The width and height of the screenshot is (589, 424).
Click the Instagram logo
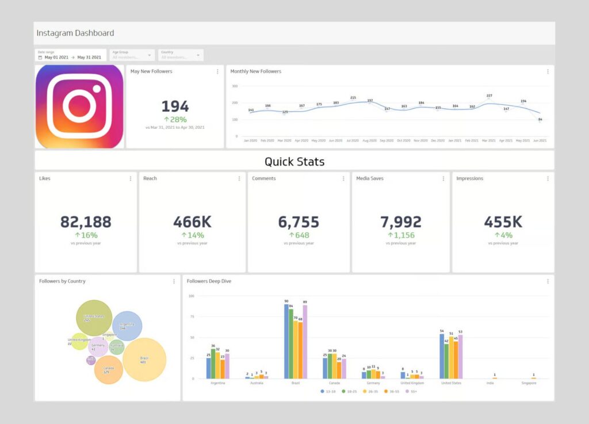point(79,106)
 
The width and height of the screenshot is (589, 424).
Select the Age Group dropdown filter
point(132,55)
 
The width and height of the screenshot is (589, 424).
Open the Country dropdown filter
point(181,55)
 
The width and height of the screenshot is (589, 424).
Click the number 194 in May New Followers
point(175,106)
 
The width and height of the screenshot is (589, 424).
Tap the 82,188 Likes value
point(86,222)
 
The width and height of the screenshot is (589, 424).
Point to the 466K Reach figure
point(192,222)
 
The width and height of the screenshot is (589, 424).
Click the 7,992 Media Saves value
point(401,222)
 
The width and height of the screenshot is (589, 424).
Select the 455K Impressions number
point(503,222)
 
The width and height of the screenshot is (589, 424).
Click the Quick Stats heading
point(294,162)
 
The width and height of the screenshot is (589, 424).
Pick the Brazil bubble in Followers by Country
point(144,360)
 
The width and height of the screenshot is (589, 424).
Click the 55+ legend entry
point(412,391)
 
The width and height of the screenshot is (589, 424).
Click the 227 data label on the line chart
point(489,96)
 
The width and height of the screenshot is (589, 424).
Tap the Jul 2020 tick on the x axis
point(353,140)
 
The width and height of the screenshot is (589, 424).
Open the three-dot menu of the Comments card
point(343,179)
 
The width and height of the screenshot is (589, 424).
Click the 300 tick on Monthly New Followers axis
point(235,86)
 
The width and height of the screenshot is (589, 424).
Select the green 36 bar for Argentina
point(213,364)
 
